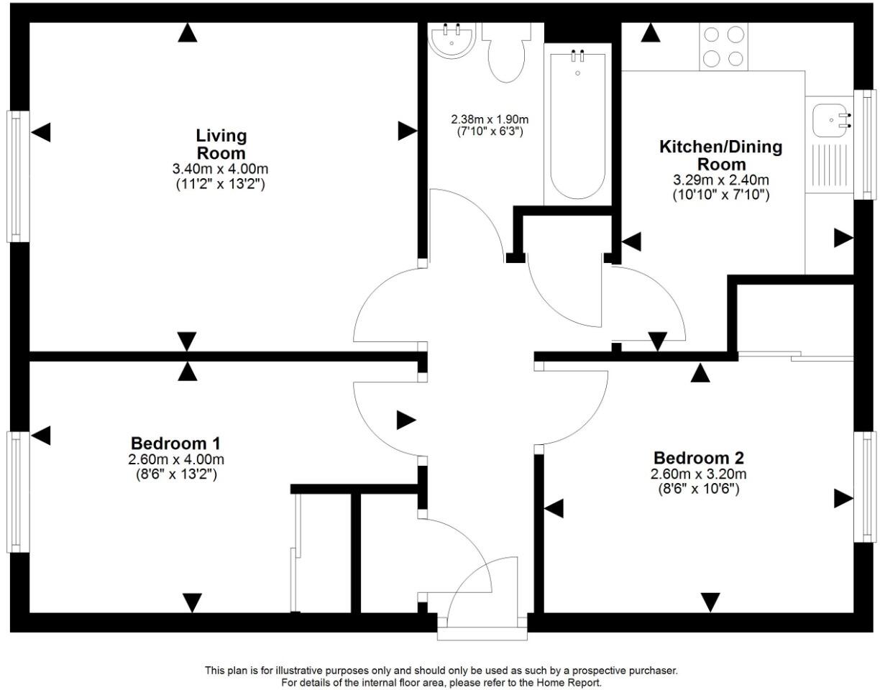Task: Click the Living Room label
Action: click(x=221, y=144)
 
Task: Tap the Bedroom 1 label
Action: click(x=175, y=443)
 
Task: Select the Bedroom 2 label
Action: click(x=699, y=458)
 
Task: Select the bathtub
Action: click(x=577, y=122)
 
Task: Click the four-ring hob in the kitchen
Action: click(x=723, y=46)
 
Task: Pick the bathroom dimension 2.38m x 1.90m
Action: click(x=490, y=119)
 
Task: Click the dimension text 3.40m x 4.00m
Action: click(x=220, y=170)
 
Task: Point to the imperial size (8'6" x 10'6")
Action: click(x=699, y=489)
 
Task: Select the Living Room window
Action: click(x=16, y=175)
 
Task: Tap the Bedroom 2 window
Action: click(x=866, y=487)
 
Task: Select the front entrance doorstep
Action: click(x=482, y=633)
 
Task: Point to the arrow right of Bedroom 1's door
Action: click(x=406, y=420)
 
